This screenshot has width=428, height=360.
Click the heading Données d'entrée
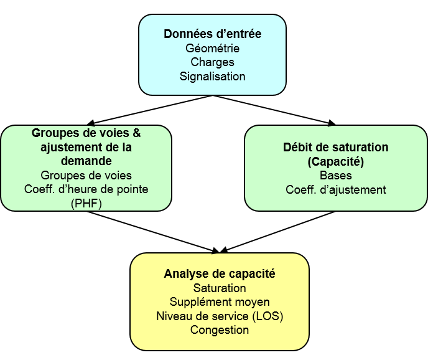212,34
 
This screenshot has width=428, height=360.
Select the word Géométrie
212,48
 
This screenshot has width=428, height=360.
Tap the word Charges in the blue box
212,62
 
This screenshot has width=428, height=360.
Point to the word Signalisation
212,76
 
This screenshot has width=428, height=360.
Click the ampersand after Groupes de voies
136,133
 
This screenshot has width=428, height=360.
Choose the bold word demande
86,161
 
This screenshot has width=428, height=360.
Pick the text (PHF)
86,204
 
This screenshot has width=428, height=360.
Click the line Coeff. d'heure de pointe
86,189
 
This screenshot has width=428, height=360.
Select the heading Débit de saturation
336,148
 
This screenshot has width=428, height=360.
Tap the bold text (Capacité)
336,161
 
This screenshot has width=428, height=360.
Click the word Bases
336,176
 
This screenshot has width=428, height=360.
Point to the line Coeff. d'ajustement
336,190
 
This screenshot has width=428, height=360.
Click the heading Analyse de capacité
220,273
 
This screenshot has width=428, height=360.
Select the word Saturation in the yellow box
220,288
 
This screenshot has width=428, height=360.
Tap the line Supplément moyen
220,302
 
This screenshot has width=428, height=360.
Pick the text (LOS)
267,316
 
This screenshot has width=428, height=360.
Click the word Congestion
220,330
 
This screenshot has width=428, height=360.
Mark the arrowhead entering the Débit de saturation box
332,123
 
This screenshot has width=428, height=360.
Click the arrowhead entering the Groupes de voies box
91,123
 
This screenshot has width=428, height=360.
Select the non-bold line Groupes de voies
86,175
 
